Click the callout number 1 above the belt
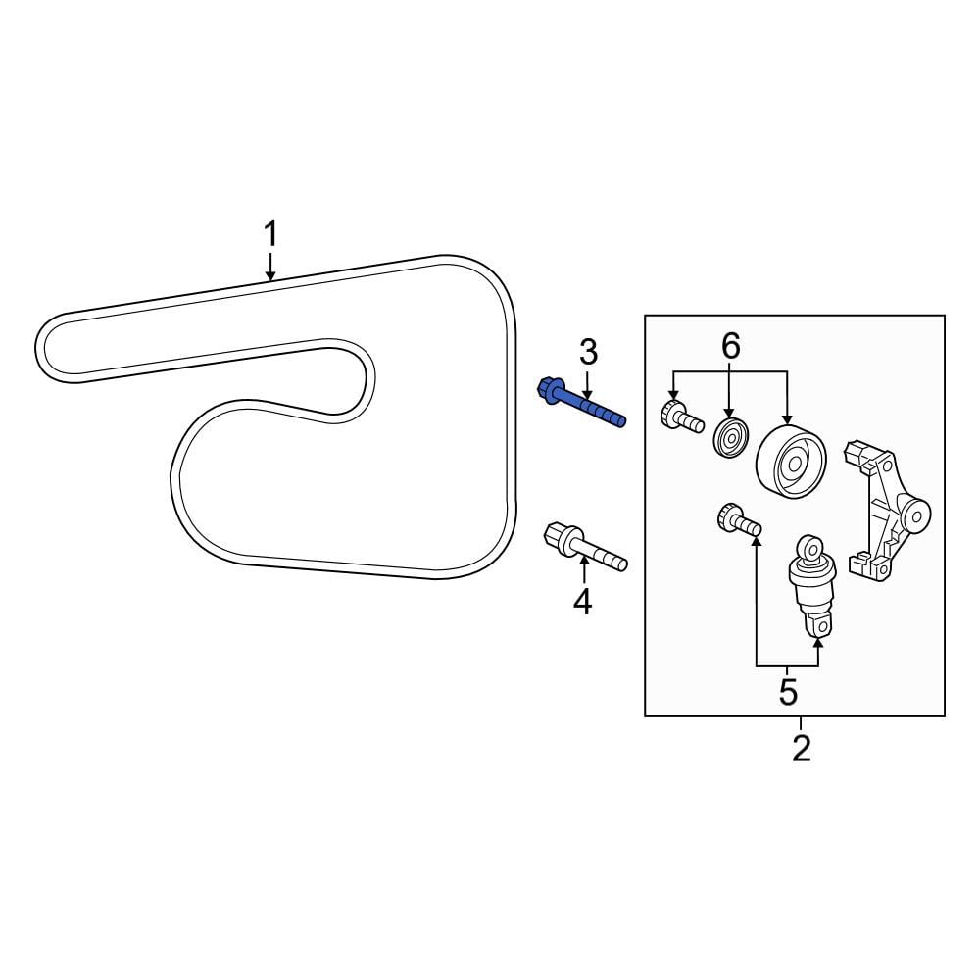point(270,234)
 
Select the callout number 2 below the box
point(802,748)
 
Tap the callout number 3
point(588,352)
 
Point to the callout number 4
point(582,602)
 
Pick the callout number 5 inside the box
point(788,692)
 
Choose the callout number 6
point(731,346)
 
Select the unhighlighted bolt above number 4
point(585,547)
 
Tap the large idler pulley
point(791,462)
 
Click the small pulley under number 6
point(731,437)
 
